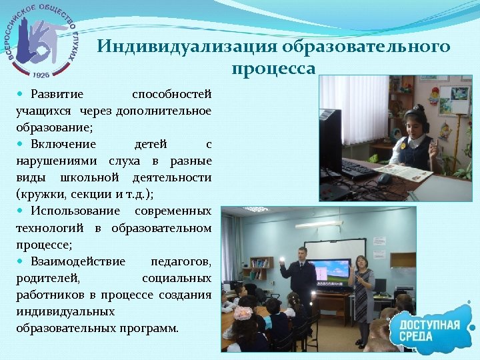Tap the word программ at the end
[x=156, y=328]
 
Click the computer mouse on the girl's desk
[x=384, y=179]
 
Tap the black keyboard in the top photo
[x=357, y=169]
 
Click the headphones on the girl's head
[x=419, y=117]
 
